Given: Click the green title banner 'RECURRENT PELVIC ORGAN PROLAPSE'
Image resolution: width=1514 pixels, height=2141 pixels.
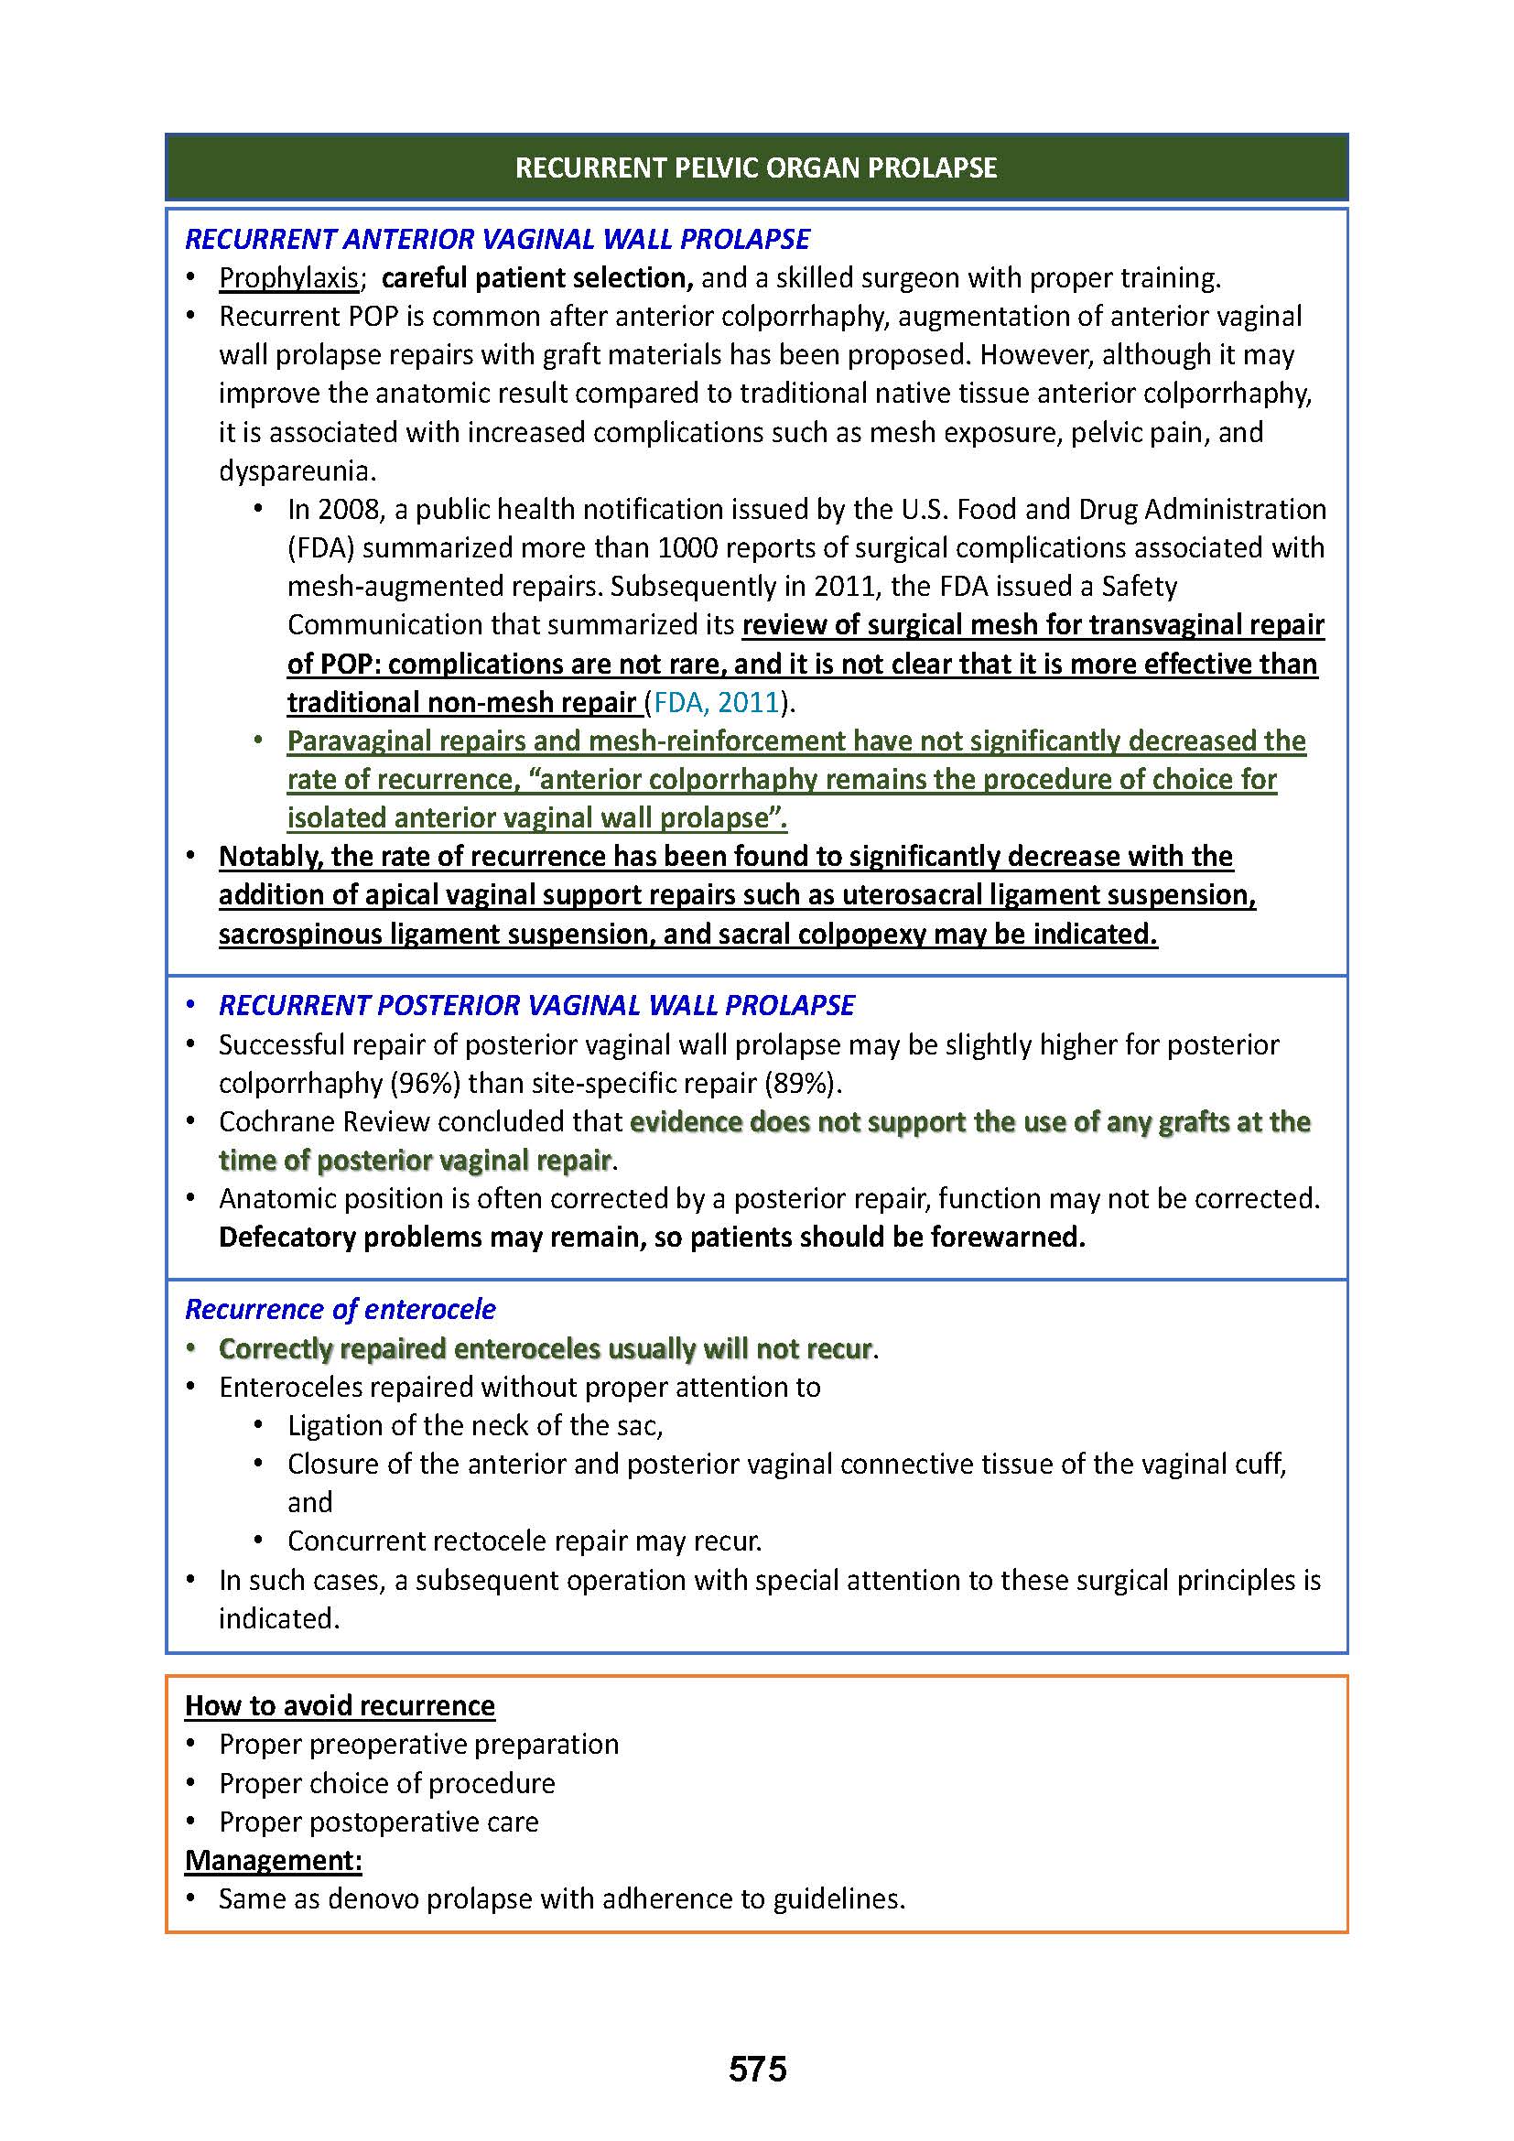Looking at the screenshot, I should pos(756,168).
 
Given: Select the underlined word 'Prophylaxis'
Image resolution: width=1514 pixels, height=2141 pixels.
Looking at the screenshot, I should pos(288,278).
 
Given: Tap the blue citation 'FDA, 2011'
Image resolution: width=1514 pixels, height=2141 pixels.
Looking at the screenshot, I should pos(716,702).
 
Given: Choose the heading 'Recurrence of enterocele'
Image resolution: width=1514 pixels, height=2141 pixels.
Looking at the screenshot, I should pos(341,1309).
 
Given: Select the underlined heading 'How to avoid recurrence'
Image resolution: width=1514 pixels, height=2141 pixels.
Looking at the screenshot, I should pos(340,1705).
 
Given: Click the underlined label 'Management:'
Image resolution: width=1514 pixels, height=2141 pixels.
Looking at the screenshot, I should pos(273,1860).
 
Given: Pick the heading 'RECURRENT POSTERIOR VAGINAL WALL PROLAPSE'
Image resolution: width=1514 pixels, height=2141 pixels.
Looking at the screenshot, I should pos(536,1005).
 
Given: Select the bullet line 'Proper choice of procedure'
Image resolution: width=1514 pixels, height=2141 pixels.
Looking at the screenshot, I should pos(387,1783).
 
